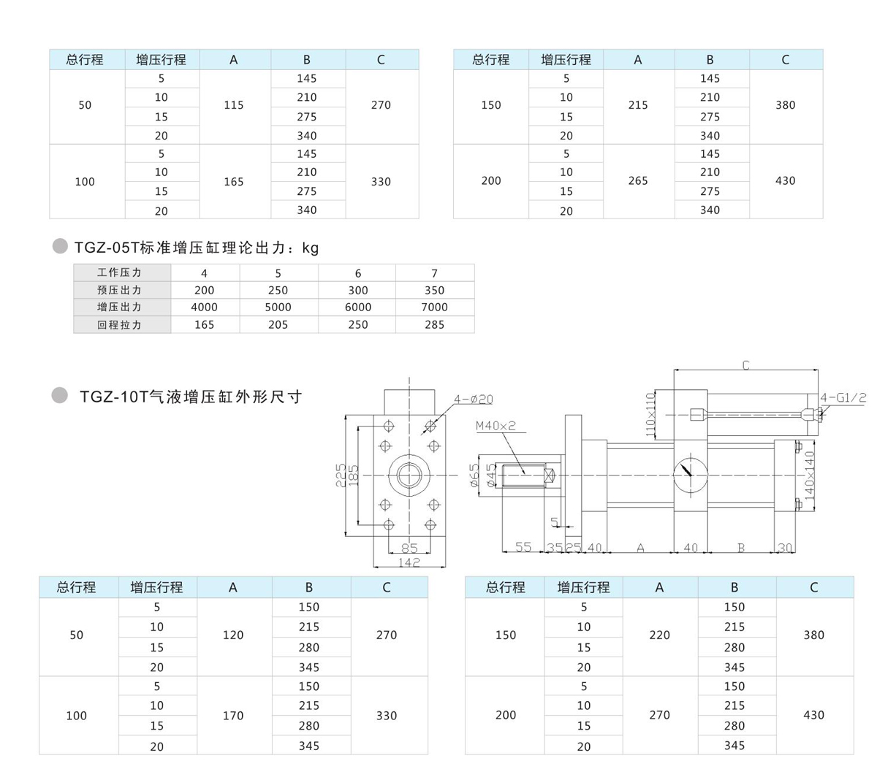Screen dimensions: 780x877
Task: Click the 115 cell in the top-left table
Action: pos(234,105)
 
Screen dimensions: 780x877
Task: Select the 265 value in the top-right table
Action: pos(637,181)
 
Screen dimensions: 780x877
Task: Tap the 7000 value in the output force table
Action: pos(434,307)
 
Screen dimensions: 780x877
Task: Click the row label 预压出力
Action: pos(120,290)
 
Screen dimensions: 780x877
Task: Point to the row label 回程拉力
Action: pos(120,325)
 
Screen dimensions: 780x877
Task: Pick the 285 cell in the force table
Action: pos(434,325)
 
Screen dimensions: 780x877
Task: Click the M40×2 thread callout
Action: pos(496,426)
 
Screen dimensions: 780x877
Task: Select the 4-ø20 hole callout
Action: pos(473,399)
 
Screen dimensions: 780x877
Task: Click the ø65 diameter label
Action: pos(474,475)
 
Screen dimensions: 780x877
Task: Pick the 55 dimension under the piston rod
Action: pos(523,547)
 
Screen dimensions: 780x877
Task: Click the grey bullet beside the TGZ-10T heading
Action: pos(60,396)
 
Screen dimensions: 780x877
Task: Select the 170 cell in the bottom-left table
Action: pos(233,716)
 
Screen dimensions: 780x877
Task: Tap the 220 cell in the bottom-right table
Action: pos(659,635)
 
